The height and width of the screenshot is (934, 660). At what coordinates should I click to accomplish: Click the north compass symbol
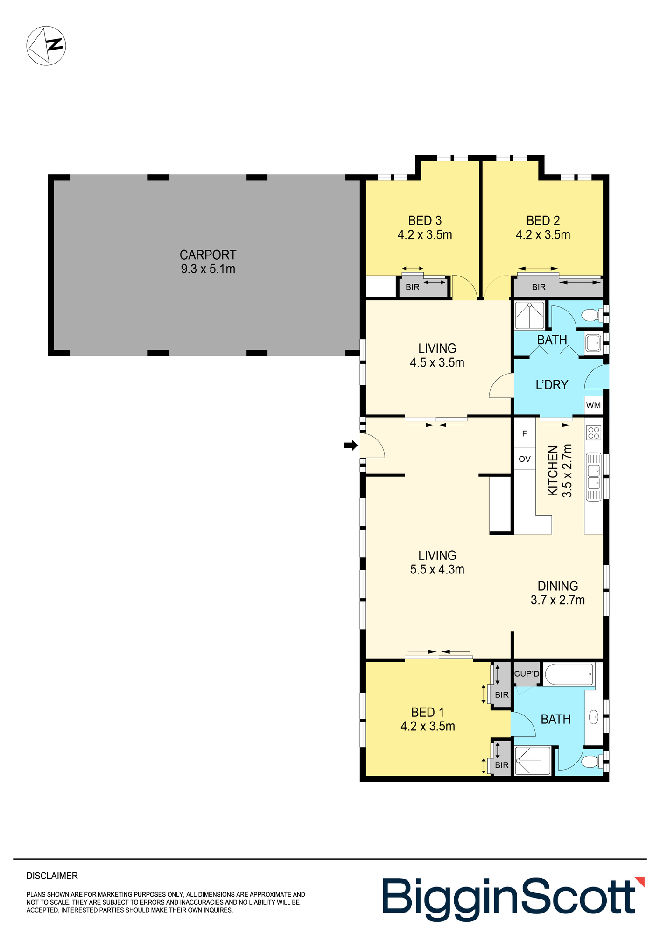tap(46, 46)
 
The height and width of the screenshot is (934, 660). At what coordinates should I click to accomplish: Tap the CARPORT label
tap(208, 255)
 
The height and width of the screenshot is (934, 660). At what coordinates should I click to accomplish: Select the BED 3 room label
tap(425, 220)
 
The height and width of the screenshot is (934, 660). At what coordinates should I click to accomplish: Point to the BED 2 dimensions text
tap(543, 235)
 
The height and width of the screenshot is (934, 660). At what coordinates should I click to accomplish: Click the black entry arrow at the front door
tap(351, 446)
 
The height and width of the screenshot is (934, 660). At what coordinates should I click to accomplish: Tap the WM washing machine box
tap(593, 405)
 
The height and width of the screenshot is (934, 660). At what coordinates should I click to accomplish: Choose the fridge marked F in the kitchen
tap(525, 433)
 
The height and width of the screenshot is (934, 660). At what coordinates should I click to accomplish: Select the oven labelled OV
tap(525, 459)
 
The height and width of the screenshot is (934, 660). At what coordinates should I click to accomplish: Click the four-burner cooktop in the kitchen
tap(594, 433)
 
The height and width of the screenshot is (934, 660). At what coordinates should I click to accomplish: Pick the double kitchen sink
tap(594, 476)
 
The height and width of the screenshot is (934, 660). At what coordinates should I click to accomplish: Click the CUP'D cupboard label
tap(527, 674)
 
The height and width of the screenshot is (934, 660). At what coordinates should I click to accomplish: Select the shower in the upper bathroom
tap(529, 316)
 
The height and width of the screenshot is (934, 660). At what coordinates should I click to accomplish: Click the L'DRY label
tap(552, 385)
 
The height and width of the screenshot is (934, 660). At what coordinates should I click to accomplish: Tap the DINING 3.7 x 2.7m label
tap(558, 593)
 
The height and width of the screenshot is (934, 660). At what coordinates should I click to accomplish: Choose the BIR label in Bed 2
tap(539, 287)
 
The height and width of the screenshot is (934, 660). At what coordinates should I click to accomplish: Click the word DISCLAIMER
tap(52, 876)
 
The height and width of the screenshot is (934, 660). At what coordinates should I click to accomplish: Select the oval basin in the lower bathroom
tap(594, 717)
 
